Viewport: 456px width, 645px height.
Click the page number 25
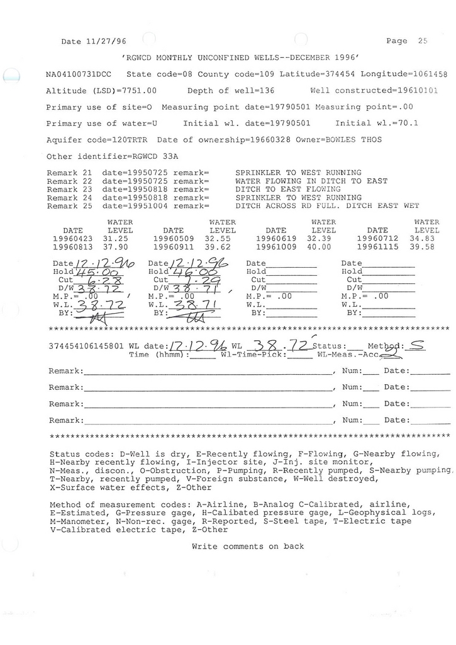click(422, 41)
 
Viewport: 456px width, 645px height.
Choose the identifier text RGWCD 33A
click(149, 156)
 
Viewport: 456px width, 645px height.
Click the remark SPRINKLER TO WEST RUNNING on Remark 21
click(298, 172)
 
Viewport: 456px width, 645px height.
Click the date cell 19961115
click(377, 248)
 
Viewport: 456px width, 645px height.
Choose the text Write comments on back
click(248, 546)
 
